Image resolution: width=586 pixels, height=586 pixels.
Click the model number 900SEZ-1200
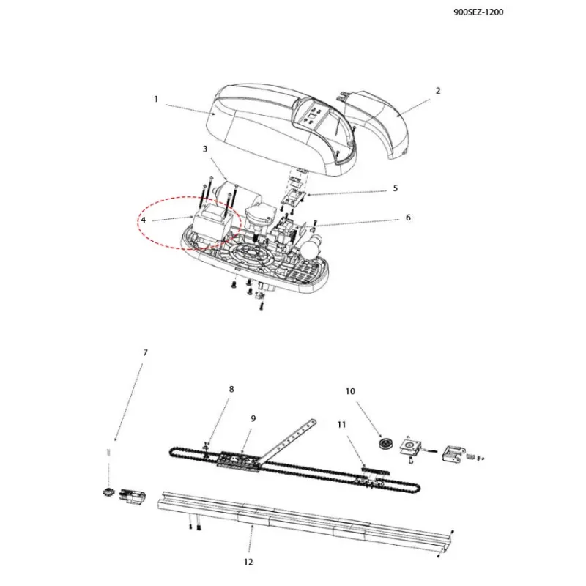point(478,12)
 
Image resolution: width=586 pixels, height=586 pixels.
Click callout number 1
point(156,99)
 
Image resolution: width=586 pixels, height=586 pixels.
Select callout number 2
point(438,90)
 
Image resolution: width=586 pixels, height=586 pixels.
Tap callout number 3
point(205,149)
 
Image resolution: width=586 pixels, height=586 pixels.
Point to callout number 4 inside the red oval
point(143,220)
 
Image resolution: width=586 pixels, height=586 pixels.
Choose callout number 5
point(396,188)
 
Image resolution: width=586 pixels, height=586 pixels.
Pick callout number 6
point(408,218)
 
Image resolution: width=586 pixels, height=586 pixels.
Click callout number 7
point(145,352)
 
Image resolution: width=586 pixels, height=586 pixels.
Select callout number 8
point(231,389)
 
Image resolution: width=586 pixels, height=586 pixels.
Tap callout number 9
point(253,418)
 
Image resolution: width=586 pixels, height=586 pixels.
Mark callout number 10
point(350,391)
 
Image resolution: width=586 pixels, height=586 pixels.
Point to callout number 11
point(341,425)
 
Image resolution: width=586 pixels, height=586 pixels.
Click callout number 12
point(248,562)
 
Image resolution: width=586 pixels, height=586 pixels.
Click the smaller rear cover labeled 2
point(377,123)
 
